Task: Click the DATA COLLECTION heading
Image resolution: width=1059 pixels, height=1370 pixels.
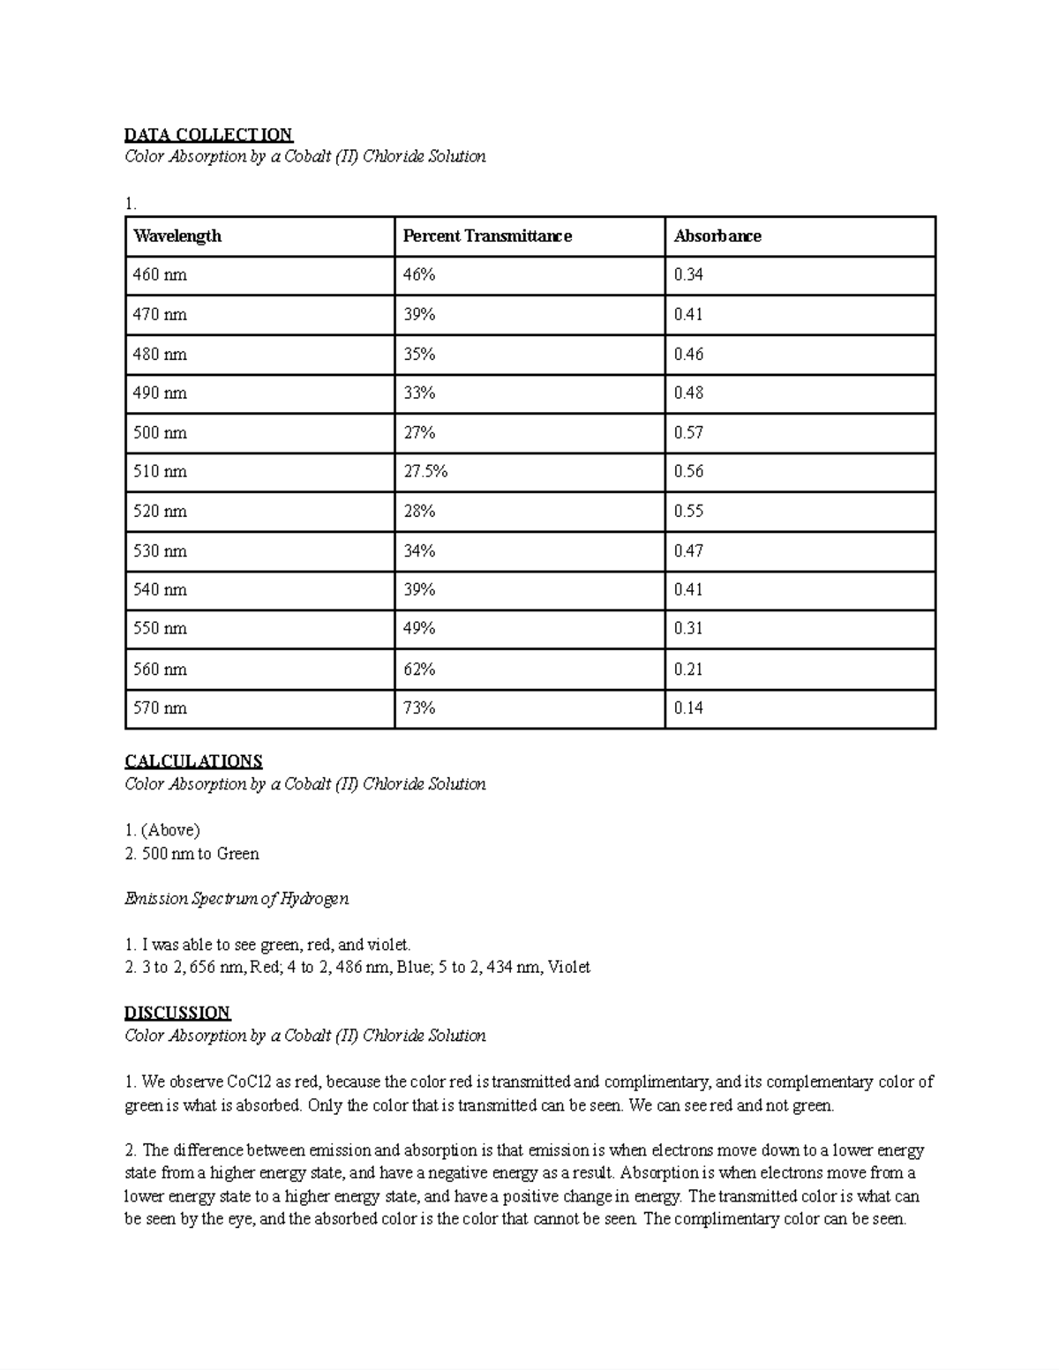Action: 208,134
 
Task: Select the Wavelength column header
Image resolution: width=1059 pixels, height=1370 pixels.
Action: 177,236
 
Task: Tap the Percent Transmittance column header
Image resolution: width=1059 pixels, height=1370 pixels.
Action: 487,236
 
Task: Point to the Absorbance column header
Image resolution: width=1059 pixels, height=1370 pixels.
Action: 717,236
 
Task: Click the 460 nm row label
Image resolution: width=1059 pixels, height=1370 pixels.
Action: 160,274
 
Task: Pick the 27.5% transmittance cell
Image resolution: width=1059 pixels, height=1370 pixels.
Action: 425,471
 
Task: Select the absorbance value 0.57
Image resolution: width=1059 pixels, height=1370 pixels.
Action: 688,432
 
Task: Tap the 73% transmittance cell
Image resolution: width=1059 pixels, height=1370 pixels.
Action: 419,707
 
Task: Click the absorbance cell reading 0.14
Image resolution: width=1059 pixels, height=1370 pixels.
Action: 688,707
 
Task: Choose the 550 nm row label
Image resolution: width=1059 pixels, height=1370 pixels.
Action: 160,628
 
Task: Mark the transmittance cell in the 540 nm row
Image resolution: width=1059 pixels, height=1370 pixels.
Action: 419,589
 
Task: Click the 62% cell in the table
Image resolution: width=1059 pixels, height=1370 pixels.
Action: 419,669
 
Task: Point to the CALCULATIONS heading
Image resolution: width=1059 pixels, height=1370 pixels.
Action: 193,760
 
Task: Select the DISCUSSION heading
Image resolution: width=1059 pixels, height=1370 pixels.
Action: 177,1012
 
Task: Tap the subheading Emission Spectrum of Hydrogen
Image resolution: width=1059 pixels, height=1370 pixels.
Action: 237,899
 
